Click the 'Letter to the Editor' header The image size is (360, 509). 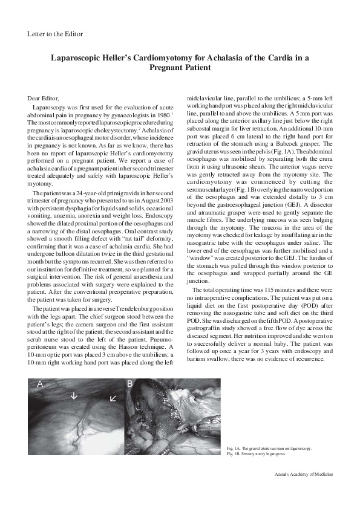point(56,34)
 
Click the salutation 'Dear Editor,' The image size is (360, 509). point(45,97)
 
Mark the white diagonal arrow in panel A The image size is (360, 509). point(112,398)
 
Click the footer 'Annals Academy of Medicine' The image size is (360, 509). point(301,475)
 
